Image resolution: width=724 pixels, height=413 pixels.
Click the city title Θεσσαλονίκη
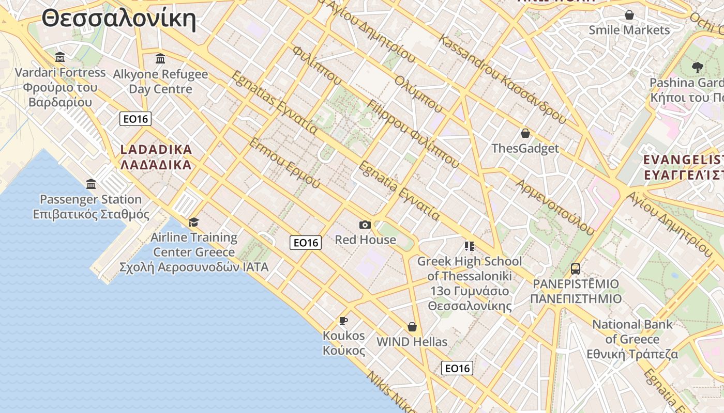(119, 20)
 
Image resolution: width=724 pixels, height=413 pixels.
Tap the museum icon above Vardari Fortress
(60, 57)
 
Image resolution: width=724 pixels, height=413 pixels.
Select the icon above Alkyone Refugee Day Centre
(160, 58)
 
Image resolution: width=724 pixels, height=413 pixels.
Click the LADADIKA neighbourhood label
(156, 150)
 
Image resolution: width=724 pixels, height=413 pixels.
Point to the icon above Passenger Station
(91, 184)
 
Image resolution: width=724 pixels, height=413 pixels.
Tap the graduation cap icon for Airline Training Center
(193, 222)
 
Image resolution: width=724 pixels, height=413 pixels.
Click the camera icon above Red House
(365, 225)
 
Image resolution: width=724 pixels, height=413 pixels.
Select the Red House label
(365, 240)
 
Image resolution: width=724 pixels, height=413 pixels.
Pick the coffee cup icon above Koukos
(343, 321)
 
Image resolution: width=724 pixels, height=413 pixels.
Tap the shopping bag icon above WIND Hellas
(412, 327)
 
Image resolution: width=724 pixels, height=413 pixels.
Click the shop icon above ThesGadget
(525, 133)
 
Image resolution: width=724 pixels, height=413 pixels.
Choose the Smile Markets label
(629, 30)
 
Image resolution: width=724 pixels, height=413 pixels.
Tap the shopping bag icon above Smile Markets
(629, 15)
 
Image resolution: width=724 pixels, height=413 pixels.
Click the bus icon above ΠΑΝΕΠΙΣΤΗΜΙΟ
(576, 268)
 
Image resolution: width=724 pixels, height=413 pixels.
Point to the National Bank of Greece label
(632, 332)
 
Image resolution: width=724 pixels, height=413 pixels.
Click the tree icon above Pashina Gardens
(698, 67)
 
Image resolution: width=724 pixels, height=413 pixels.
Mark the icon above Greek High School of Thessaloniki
(470, 246)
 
